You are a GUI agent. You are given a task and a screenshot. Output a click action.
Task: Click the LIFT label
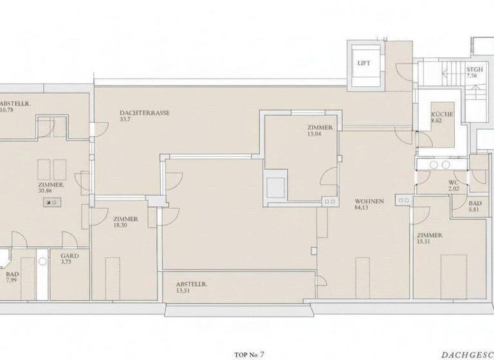(364, 63)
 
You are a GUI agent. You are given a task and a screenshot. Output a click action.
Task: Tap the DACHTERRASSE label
(145, 112)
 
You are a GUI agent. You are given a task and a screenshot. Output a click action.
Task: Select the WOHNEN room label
(369, 201)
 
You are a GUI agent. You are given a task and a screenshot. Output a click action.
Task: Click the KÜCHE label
(442, 114)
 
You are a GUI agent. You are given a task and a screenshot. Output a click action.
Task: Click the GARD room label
(69, 255)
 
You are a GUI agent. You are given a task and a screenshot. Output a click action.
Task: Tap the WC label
(453, 183)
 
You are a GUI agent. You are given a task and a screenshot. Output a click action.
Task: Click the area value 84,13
(364, 208)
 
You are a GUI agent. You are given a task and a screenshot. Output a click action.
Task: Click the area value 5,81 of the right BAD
(475, 210)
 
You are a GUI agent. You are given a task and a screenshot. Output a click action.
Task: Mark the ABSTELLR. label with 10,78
(14, 104)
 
